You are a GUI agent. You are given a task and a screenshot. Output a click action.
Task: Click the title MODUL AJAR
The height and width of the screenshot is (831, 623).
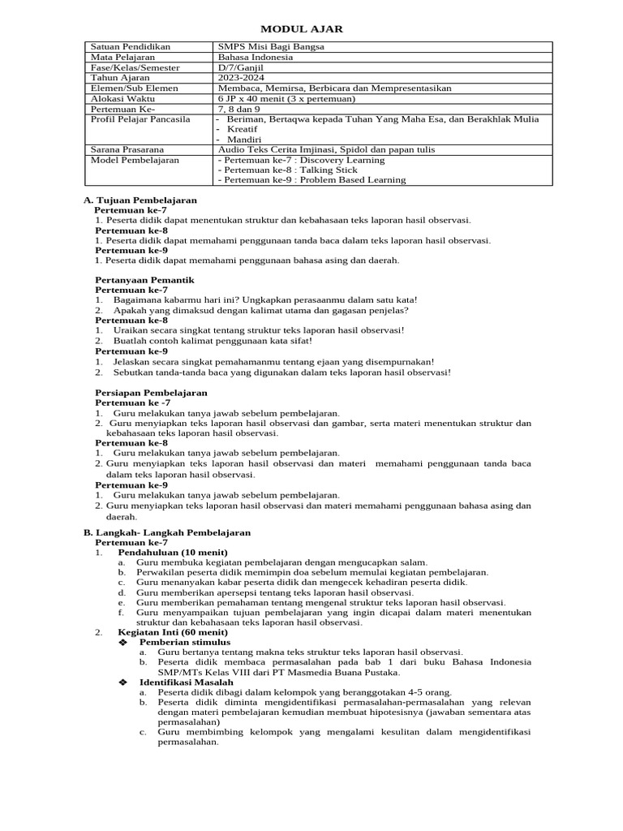coord(311,29)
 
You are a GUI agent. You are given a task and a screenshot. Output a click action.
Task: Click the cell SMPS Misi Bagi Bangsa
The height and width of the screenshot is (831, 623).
coord(271,47)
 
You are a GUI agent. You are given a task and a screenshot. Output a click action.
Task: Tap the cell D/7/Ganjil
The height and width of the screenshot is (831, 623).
coord(243,68)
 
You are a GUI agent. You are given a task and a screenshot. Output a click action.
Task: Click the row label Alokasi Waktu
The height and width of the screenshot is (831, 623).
coord(122,98)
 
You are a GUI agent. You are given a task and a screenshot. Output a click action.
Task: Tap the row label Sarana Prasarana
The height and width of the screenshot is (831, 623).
coord(127,149)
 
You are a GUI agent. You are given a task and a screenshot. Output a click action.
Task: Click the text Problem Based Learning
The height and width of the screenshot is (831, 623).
coord(352,180)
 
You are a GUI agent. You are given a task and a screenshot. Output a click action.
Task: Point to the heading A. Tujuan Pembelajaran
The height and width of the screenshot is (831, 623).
coord(140,200)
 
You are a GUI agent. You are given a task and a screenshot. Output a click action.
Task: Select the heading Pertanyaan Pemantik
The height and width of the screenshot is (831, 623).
coord(144,280)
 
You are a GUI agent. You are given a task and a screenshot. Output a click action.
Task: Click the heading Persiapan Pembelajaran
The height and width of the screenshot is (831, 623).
coord(151,392)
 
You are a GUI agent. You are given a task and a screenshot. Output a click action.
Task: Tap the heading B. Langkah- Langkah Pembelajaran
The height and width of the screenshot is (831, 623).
coord(167,532)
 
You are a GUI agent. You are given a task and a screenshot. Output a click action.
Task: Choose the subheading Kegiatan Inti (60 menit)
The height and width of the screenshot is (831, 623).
coord(173,631)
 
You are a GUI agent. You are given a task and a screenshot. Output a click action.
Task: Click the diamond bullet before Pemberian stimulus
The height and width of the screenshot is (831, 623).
coord(123,642)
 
